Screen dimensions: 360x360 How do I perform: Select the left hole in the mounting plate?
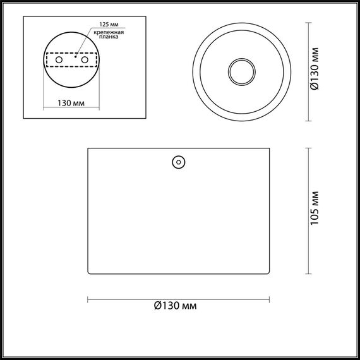(60, 59)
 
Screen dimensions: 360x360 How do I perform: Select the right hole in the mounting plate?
(83, 59)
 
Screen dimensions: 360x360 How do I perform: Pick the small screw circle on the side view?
(178, 162)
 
